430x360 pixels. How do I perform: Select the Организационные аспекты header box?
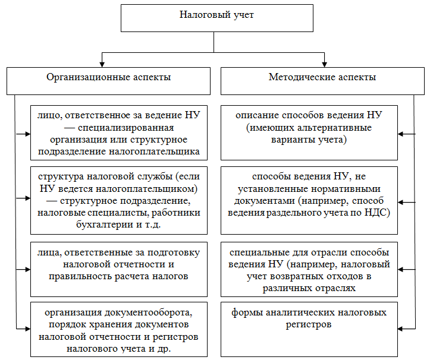(x=108, y=80)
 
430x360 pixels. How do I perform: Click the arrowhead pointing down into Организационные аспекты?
(x=102, y=63)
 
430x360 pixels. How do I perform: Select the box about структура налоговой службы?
(x=117, y=200)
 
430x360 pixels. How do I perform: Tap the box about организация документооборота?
(x=117, y=329)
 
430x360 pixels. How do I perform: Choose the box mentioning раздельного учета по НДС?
(x=308, y=200)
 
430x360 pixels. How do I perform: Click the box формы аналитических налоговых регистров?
(x=308, y=329)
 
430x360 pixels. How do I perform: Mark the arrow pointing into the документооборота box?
(x=26, y=329)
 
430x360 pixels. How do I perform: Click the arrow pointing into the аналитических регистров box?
(x=403, y=329)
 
